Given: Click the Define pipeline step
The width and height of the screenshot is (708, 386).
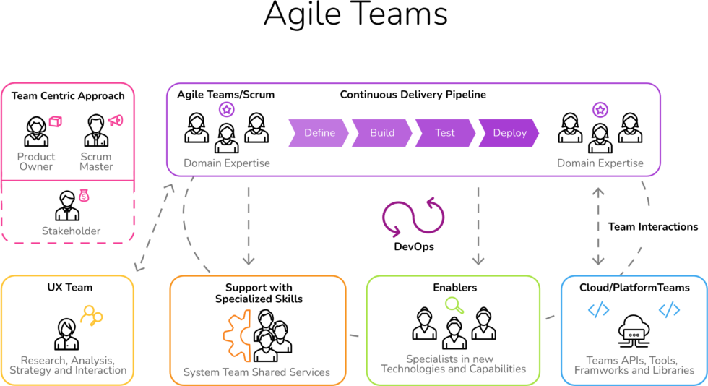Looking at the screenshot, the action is tap(319, 133).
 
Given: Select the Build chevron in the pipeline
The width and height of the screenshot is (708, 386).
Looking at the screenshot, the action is tap(382, 133).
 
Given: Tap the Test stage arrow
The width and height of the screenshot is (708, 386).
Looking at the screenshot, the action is tap(445, 133).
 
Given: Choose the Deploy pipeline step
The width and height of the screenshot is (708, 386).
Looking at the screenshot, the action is tap(509, 133).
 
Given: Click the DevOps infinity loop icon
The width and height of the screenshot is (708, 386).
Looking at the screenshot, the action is tap(413, 218).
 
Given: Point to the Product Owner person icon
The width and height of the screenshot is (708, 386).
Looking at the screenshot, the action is tap(36, 131).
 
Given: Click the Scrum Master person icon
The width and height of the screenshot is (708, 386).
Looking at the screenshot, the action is tap(96, 131).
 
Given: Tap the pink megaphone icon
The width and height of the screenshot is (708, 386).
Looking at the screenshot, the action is tap(116, 121).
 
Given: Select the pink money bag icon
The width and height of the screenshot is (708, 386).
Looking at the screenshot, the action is tap(84, 195).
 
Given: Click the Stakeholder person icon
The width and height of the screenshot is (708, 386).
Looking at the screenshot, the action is tap(67, 206).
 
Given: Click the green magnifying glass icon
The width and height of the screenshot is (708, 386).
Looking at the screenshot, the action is tap(454, 305).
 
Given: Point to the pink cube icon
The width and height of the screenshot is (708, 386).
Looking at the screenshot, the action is tap(55, 121).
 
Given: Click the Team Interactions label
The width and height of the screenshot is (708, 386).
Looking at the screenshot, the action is tap(653, 227).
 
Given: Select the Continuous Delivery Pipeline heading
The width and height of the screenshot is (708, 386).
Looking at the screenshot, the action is tap(413, 95).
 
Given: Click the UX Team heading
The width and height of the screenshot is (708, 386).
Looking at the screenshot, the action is tap(70, 288).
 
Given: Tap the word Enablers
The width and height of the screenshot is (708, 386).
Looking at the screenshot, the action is tap(454, 288).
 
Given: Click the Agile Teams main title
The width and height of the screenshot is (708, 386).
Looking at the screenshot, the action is tap(355, 14).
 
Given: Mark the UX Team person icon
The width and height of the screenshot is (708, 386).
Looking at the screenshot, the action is tap(66, 335).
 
